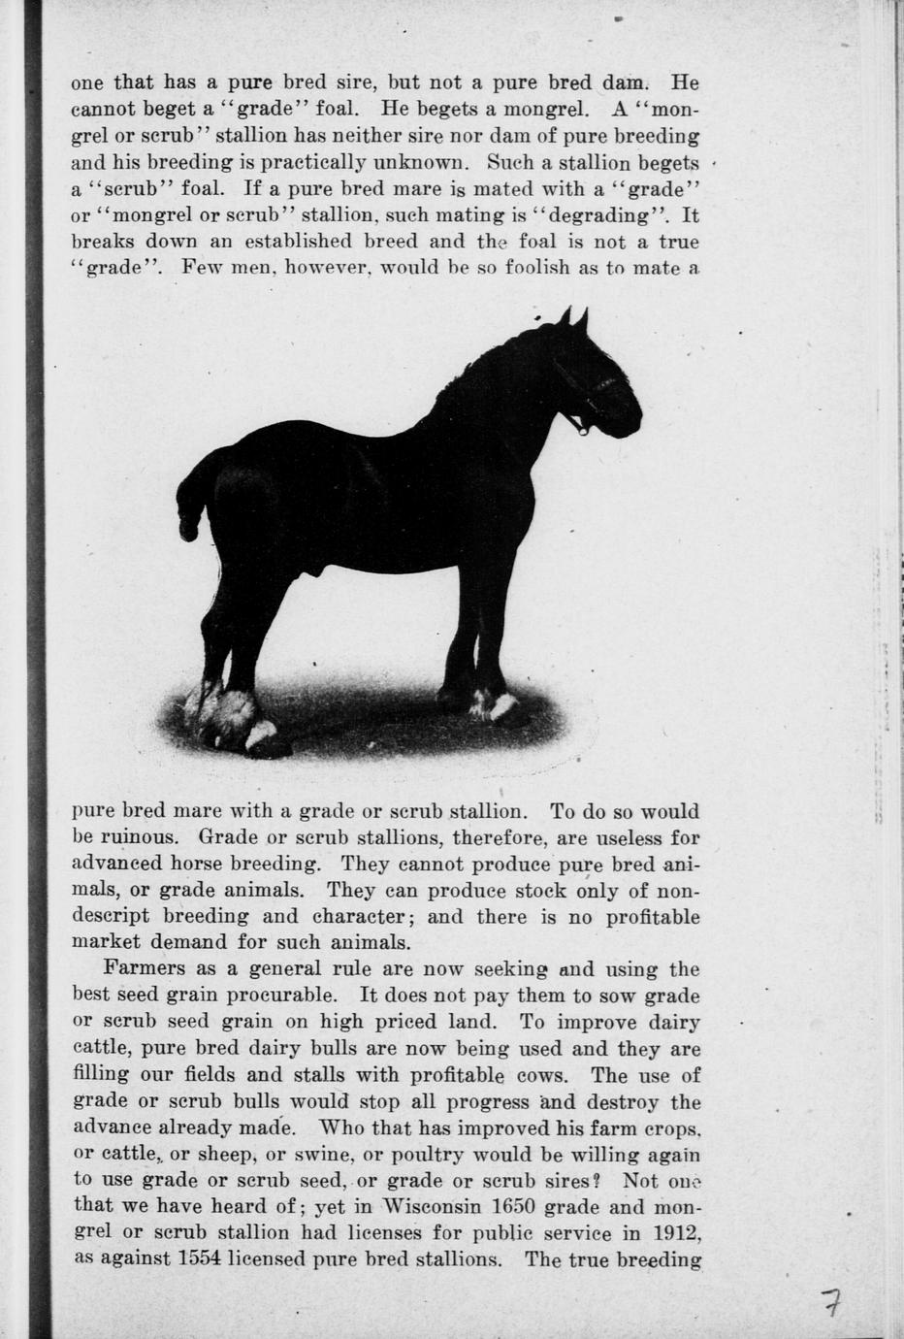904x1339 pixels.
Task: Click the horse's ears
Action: (573, 316)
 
